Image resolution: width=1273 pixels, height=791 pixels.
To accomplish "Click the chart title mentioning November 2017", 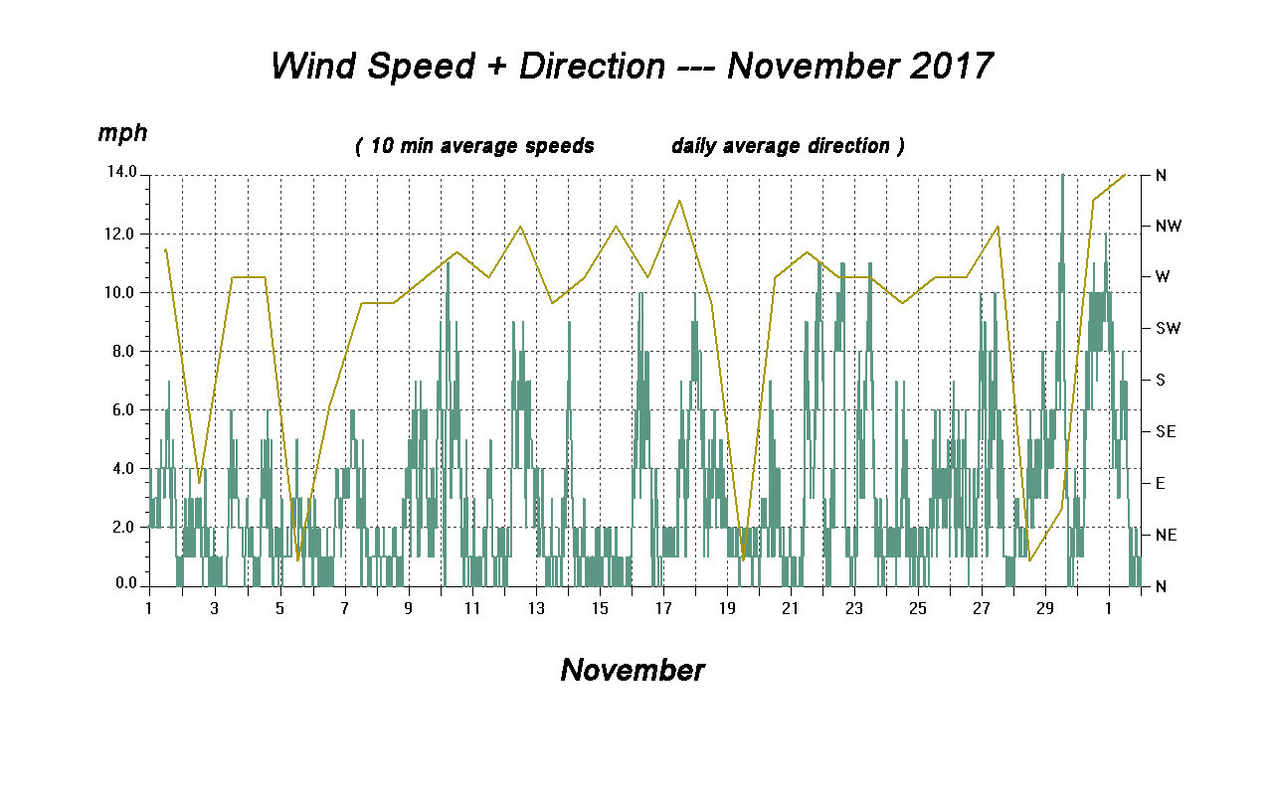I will click(632, 67).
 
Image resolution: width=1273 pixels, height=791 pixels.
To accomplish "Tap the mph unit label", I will click(122, 133).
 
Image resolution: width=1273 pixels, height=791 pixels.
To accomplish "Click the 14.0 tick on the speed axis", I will click(124, 175).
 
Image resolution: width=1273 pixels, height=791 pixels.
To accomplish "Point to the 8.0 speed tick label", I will click(124, 351).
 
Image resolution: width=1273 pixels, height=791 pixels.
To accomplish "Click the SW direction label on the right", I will click(1168, 329).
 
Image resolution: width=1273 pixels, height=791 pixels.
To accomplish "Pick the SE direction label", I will click(1166, 431).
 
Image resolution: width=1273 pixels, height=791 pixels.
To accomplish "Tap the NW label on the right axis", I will click(1168, 226).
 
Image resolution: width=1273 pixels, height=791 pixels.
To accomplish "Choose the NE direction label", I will click(1166, 535).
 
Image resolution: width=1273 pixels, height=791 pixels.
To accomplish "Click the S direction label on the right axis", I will click(1159, 380).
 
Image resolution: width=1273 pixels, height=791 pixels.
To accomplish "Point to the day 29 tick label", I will click(1044, 608).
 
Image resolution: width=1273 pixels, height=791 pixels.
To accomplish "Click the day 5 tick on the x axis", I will click(279, 608).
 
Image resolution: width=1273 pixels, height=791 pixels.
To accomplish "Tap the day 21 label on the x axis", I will click(790, 608).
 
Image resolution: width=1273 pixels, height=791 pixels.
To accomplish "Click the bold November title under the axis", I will click(633, 670).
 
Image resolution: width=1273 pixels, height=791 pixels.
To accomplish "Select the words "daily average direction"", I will click(781, 146).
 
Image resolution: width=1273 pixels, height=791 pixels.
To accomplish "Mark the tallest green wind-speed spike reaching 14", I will click(1062, 179).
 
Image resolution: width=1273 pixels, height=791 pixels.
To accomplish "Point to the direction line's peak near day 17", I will click(679, 201).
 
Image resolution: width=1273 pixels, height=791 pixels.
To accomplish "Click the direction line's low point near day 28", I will click(1029, 560).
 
